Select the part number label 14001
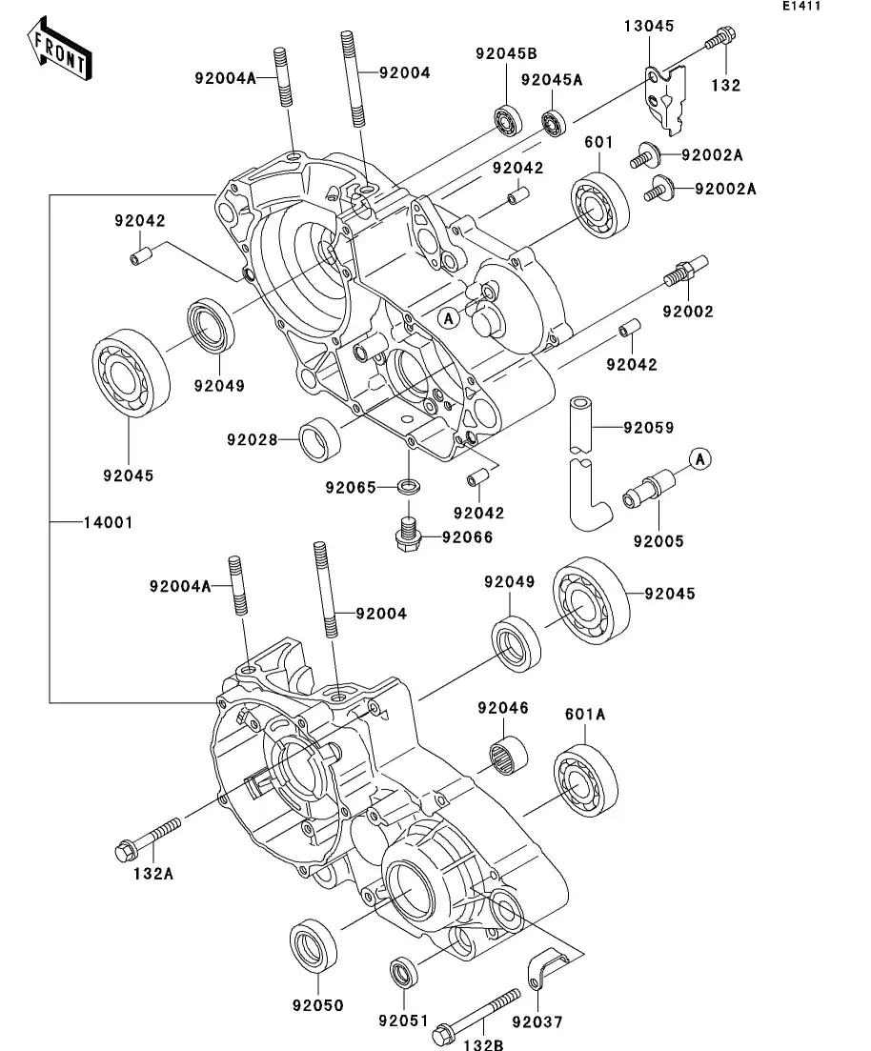click(107, 523)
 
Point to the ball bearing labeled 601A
click(585, 783)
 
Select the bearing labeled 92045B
click(507, 121)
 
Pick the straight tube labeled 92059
click(583, 423)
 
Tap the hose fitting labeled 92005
click(645, 489)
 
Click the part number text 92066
click(467, 537)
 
